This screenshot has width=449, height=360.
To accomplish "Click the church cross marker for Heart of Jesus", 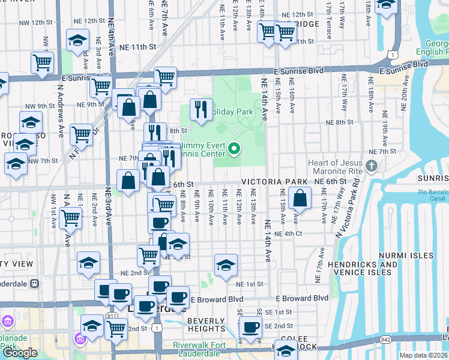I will [372, 166].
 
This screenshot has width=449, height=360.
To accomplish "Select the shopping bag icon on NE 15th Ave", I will [299, 197].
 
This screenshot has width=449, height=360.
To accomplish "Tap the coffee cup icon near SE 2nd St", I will [250, 327].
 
